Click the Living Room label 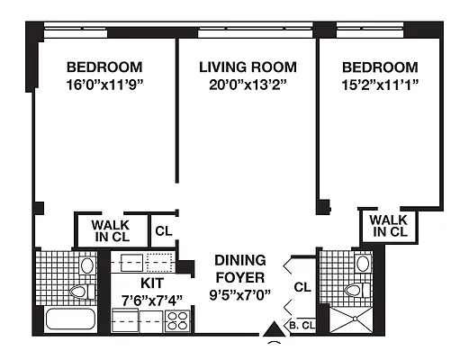pyautogui.click(x=248, y=67)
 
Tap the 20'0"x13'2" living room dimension pyautogui.click(x=248, y=85)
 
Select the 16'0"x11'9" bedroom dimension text pyautogui.click(x=104, y=85)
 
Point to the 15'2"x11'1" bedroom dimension pyautogui.click(x=380, y=85)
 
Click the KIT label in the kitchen pyautogui.click(x=152, y=283)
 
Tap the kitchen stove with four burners pyautogui.click(x=177, y=321)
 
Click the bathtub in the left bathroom pyautogui.click(x=71, y=319)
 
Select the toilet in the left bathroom pyautogui.click(x=83, y=292)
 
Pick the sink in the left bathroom pyautogui.click(x=87, y=265)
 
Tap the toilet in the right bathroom pyautogui.click(x=357, y=290)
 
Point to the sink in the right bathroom pyautogui.click(x=363, y=264)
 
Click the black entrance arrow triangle pyautogui.click(x=274, y=329)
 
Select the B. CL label pyautogui.click(x=302, y=326)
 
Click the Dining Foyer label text pyautogui.click(x=240, y=269)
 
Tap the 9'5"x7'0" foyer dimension pyautogui.click(x=239, y=295)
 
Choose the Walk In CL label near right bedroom pyautogui.click(x=389, y=226)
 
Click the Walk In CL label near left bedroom pyautogui.click(x=111, y=231)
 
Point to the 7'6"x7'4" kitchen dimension pyautogui.click(x=152, y=301)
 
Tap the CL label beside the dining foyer pyautogui.click(x=302, y=287)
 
